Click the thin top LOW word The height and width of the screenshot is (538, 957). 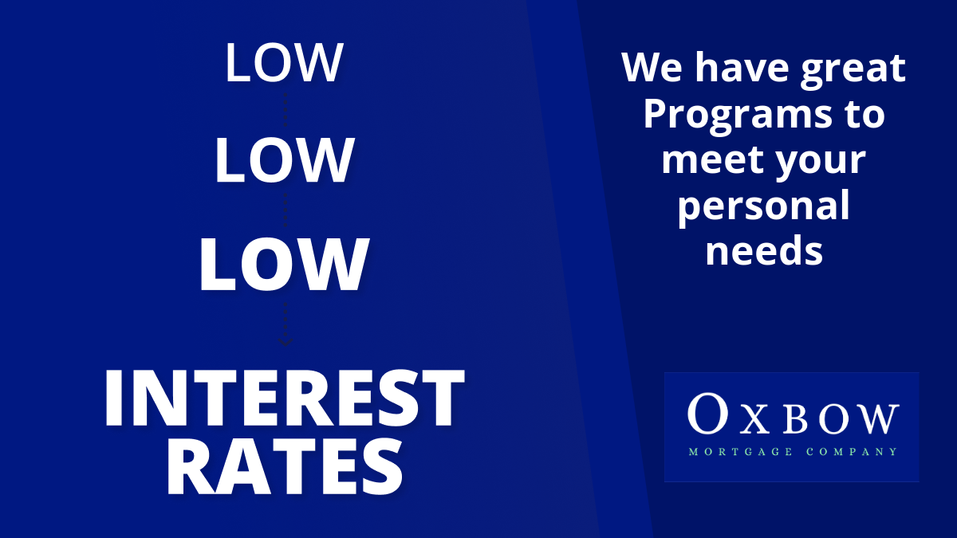click(x=284, y=62)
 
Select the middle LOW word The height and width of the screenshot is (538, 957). click(x=284, y=160)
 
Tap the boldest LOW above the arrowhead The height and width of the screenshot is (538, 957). click(x=284, y=265)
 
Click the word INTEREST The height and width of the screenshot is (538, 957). click(x=284, y=398)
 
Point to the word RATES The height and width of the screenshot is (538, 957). click(x=284, y=467)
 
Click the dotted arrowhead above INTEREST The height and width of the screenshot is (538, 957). click(x=285, y=342)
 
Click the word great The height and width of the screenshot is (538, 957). click(x=853, y=71)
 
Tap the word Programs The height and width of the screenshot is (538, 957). click(x=738, y=117)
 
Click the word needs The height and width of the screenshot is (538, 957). click(x=764, y=251)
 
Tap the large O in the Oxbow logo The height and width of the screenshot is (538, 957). click(x=708, y=414)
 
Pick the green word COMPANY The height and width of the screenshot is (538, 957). click(x=852, y=452)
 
